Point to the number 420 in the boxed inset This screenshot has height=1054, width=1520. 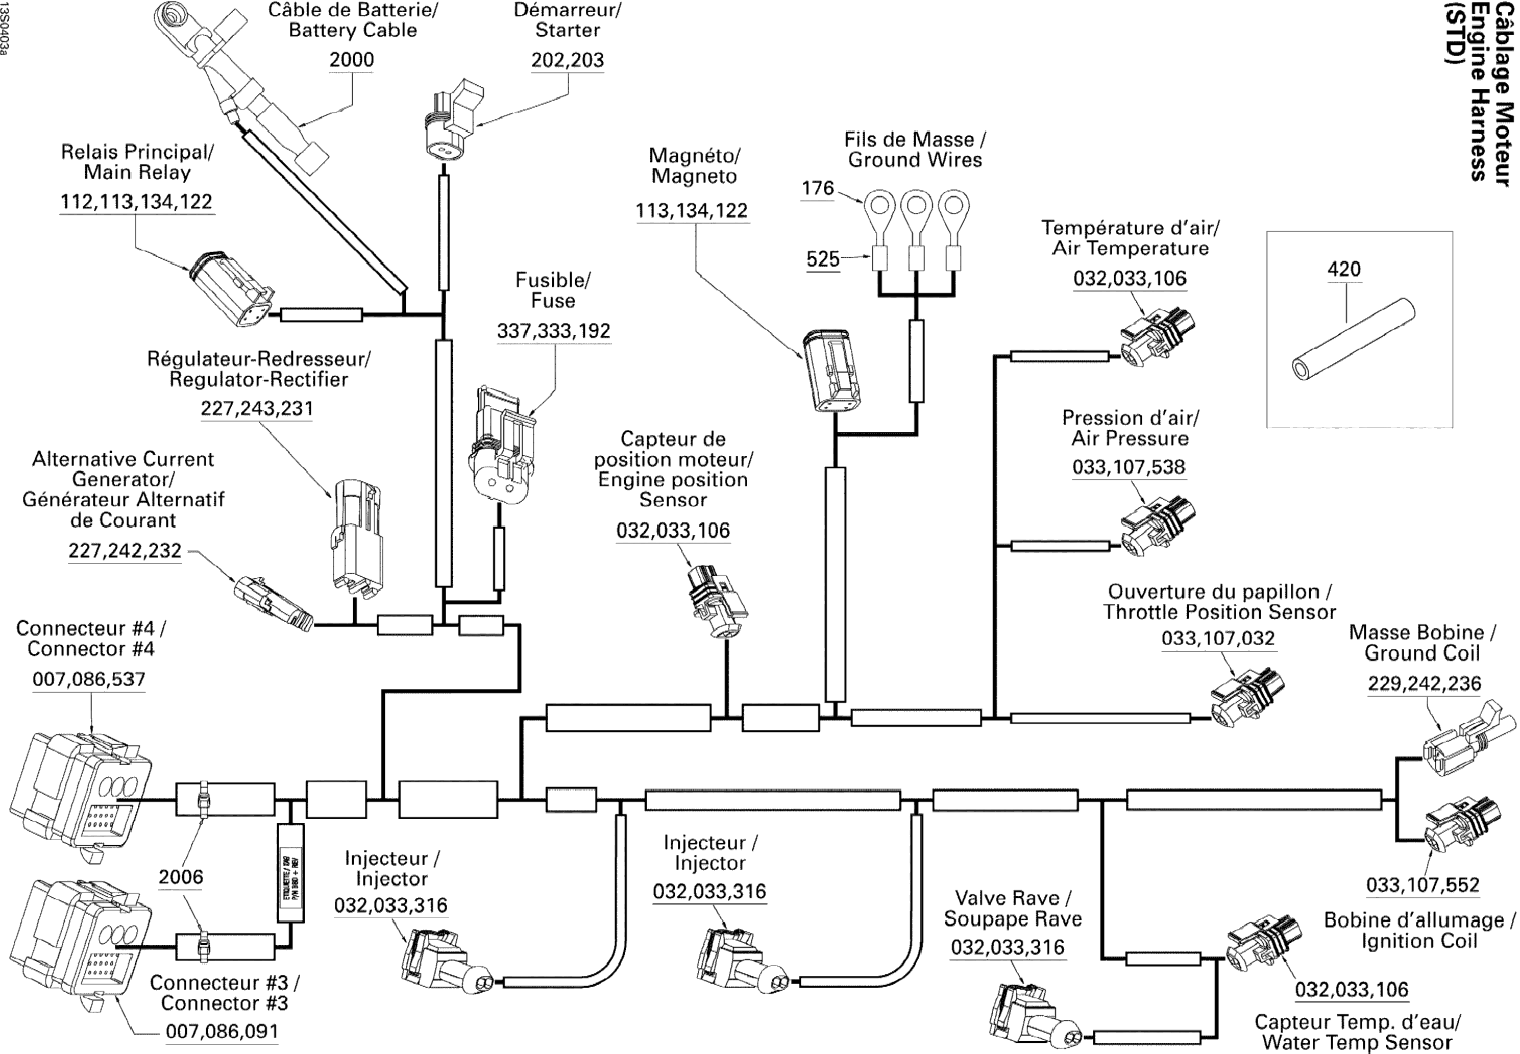tap(1344, 269)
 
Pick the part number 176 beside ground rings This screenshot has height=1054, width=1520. tap(818, 188)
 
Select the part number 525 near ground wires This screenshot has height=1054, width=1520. tap(822, 259)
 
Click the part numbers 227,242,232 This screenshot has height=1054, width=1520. tap(125, 551)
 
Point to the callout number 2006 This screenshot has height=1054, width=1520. tap(181, 877)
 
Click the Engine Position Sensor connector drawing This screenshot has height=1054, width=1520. tap(717, 600)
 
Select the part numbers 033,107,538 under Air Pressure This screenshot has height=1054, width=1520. tap(1129, 467)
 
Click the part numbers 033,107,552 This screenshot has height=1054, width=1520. tap(1423, 885)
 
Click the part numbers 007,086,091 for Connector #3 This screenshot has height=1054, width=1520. tap(222, 1031)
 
